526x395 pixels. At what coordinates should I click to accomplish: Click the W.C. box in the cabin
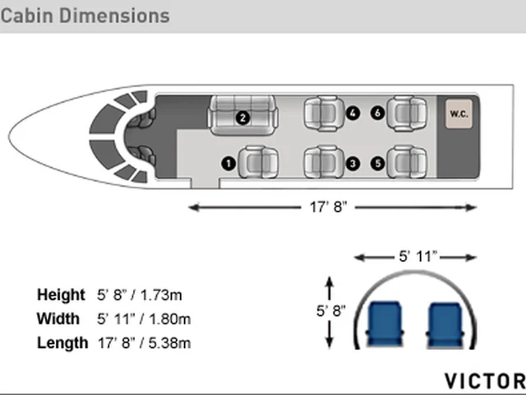[459, 114]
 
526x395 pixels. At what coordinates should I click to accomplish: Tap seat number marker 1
[228, 164]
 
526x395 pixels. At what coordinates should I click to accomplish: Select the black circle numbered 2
[242, 118]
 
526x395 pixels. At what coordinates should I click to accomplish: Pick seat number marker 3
[353, 164]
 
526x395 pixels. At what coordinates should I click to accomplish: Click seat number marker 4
[353, 114]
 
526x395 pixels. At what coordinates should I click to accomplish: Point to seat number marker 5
[378, 164]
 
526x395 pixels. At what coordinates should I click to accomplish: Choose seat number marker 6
[378, 114]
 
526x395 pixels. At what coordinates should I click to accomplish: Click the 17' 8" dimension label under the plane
[328, 207]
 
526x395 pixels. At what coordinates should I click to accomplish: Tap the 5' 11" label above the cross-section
[418, 257]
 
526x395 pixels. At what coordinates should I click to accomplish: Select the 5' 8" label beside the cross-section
[330, 311]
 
